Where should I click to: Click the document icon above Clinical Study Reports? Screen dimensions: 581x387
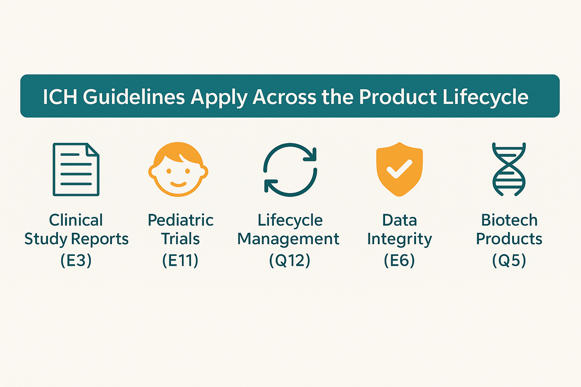point(76,169)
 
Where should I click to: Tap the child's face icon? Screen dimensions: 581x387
point(178,169)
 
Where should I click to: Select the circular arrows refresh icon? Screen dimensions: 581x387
point(290,170)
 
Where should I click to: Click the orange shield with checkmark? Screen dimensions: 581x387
point(399,169)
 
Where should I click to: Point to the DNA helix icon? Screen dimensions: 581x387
point(509,169)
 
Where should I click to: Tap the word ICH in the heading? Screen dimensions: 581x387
point(60,97)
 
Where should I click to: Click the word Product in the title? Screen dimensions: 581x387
point(398,97)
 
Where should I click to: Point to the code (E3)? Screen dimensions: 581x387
point(76,260)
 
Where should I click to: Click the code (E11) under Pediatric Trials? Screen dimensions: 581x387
point(180,260)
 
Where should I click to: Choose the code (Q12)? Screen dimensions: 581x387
point(290,260)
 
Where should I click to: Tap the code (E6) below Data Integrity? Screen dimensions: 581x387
point(399,260)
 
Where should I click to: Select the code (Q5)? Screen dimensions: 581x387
point(509,260)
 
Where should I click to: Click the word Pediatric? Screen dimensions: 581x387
point(180,220)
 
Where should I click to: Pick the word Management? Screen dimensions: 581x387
point(288,239)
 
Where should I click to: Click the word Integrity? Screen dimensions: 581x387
point(400,239)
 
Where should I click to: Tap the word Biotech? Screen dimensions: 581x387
point(509,220)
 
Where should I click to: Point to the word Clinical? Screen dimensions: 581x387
point(76,220)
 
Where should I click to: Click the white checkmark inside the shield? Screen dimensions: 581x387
point(399,169)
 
